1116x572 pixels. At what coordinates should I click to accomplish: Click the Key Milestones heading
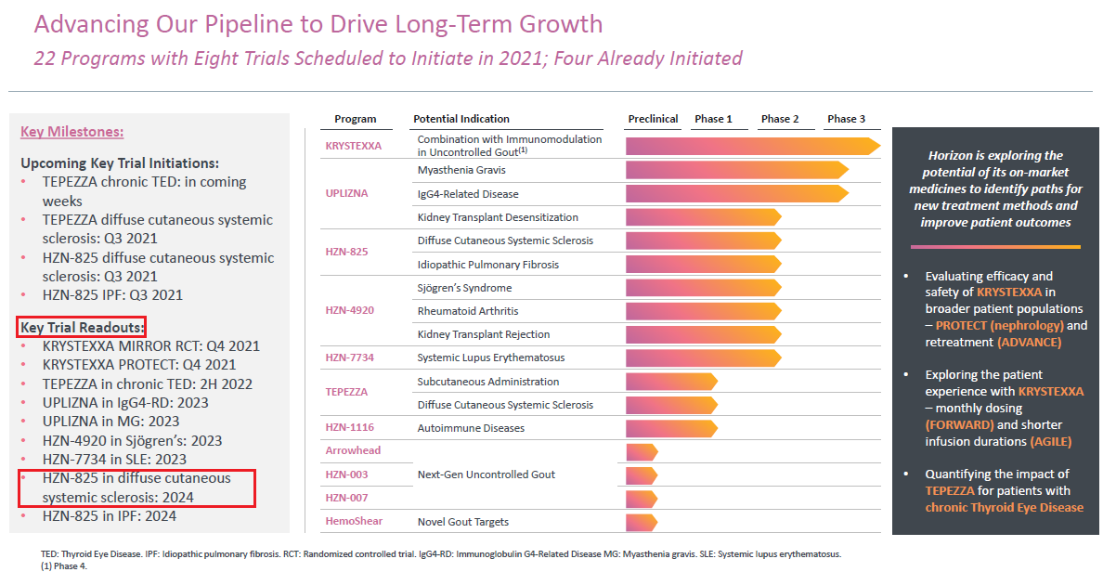click(x=71, y=132)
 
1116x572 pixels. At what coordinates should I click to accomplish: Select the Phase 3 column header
click(x=846, y=119)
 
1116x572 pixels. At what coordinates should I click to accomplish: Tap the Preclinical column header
click(x=653, y=119)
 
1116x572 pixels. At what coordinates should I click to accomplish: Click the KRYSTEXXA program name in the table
click(x=353, y=146)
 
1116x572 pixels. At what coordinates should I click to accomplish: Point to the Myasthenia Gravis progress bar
click(x=737, y=171)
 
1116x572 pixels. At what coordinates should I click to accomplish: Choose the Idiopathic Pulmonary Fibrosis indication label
click(x=487, y=265)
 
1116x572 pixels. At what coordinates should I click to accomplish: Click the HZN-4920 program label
click(x=349, y=310)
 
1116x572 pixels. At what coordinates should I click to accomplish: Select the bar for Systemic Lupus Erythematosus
click(x=703, y=357)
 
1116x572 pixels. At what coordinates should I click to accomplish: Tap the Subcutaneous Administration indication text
click(x=487, y=382)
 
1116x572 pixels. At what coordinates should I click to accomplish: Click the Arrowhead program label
click(x=353, y=450)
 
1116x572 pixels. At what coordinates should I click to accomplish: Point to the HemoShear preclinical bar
click(x=642, y=522)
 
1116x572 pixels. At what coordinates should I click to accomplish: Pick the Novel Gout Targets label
click(x=463, y=522)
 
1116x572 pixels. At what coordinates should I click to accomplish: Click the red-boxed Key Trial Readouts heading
click(x=83, y=328)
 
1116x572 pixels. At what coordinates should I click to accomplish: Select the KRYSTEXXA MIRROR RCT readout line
click(x=151, y=346)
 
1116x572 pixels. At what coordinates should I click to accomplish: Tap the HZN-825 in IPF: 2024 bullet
click(x=110, y=516)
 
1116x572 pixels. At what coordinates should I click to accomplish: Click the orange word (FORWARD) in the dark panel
click(x=959, y=425)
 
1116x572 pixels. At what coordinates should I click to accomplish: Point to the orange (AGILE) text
click(x=1050, y=441)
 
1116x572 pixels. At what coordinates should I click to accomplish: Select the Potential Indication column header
click(x=461, y=119)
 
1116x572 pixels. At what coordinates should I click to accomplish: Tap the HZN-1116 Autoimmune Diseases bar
click(x=671, y=428)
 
